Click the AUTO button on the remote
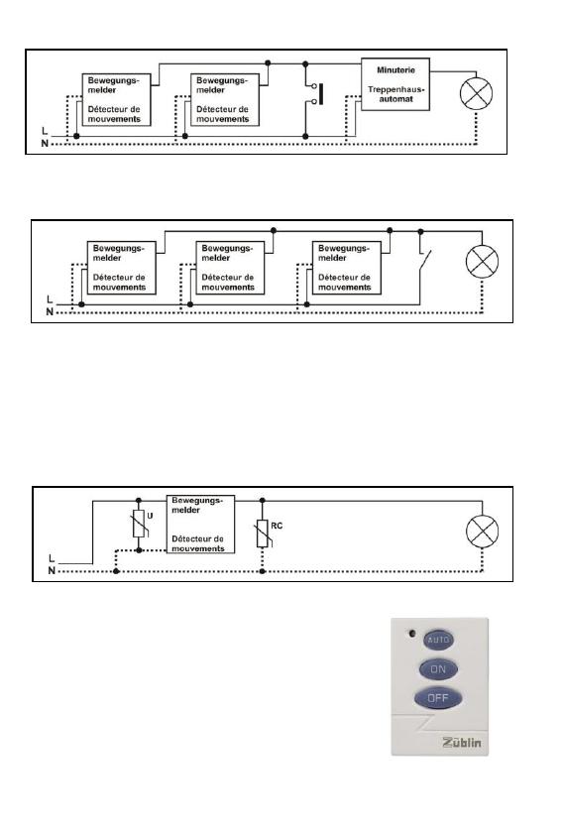click(x=438, y=640)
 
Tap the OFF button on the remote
click(x=438, y=698)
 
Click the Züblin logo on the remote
click(x=462, y=742)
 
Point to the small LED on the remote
click(x=412, y=633)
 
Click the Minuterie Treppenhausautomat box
click(x=395, y=84)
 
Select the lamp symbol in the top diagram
click(x=476, y=94)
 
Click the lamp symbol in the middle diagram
click(x=482, y=262)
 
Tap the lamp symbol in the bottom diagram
click(x=482, y=531)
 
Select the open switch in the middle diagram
click(x=425, y=260)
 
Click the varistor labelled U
click(x=139, y=525)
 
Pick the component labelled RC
click(x=263, y=534)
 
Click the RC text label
click(x=277, y=526)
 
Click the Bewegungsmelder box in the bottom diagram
click(x=201, y=525)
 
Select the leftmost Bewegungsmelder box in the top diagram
click(x=117, y=99)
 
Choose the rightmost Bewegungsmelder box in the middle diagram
click(x=346, y=268)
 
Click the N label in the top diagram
click(x=45, y=143)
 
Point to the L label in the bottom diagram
click(x=52, y=558)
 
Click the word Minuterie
click(x=395, y=70)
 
